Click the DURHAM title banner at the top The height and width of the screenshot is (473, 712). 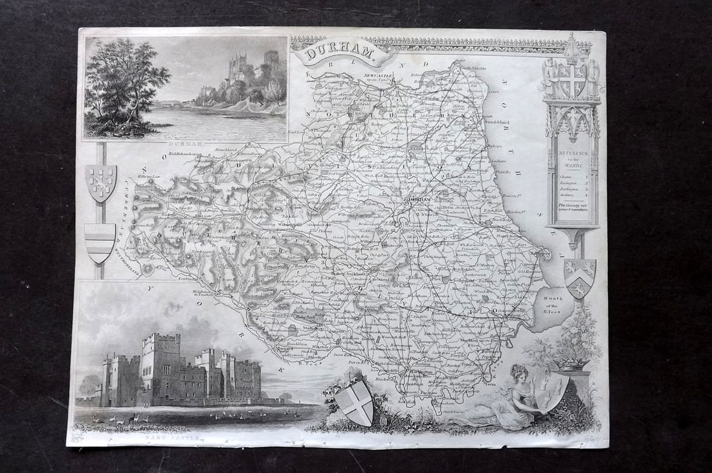pos(341,52)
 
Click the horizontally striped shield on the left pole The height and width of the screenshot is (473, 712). pos(100,242)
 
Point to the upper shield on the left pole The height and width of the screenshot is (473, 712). pos(101,182)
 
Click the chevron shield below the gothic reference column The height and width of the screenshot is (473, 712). pos(579,277)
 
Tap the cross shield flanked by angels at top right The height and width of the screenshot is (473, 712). pos(572,80)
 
